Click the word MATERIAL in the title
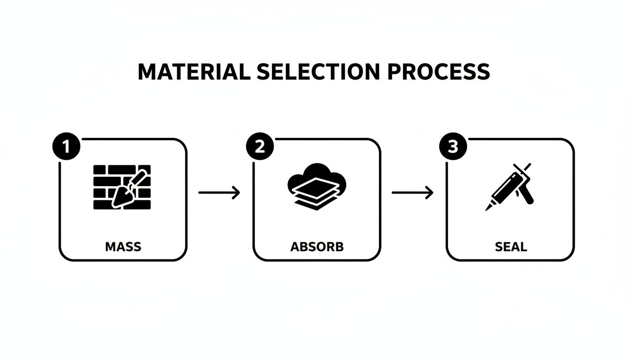(194, 72)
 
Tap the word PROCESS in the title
(439, 72)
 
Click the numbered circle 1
(66, 147)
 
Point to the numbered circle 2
(260, 147)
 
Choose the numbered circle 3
(453, 147)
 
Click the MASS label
(123, 247)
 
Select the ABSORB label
(317, 247)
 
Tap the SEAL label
(510, 247)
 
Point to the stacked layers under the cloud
(317, 197)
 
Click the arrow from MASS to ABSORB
(219, 192)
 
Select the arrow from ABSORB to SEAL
(412, 192)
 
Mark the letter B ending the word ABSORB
(339, 247)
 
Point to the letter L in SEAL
(523, 247)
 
